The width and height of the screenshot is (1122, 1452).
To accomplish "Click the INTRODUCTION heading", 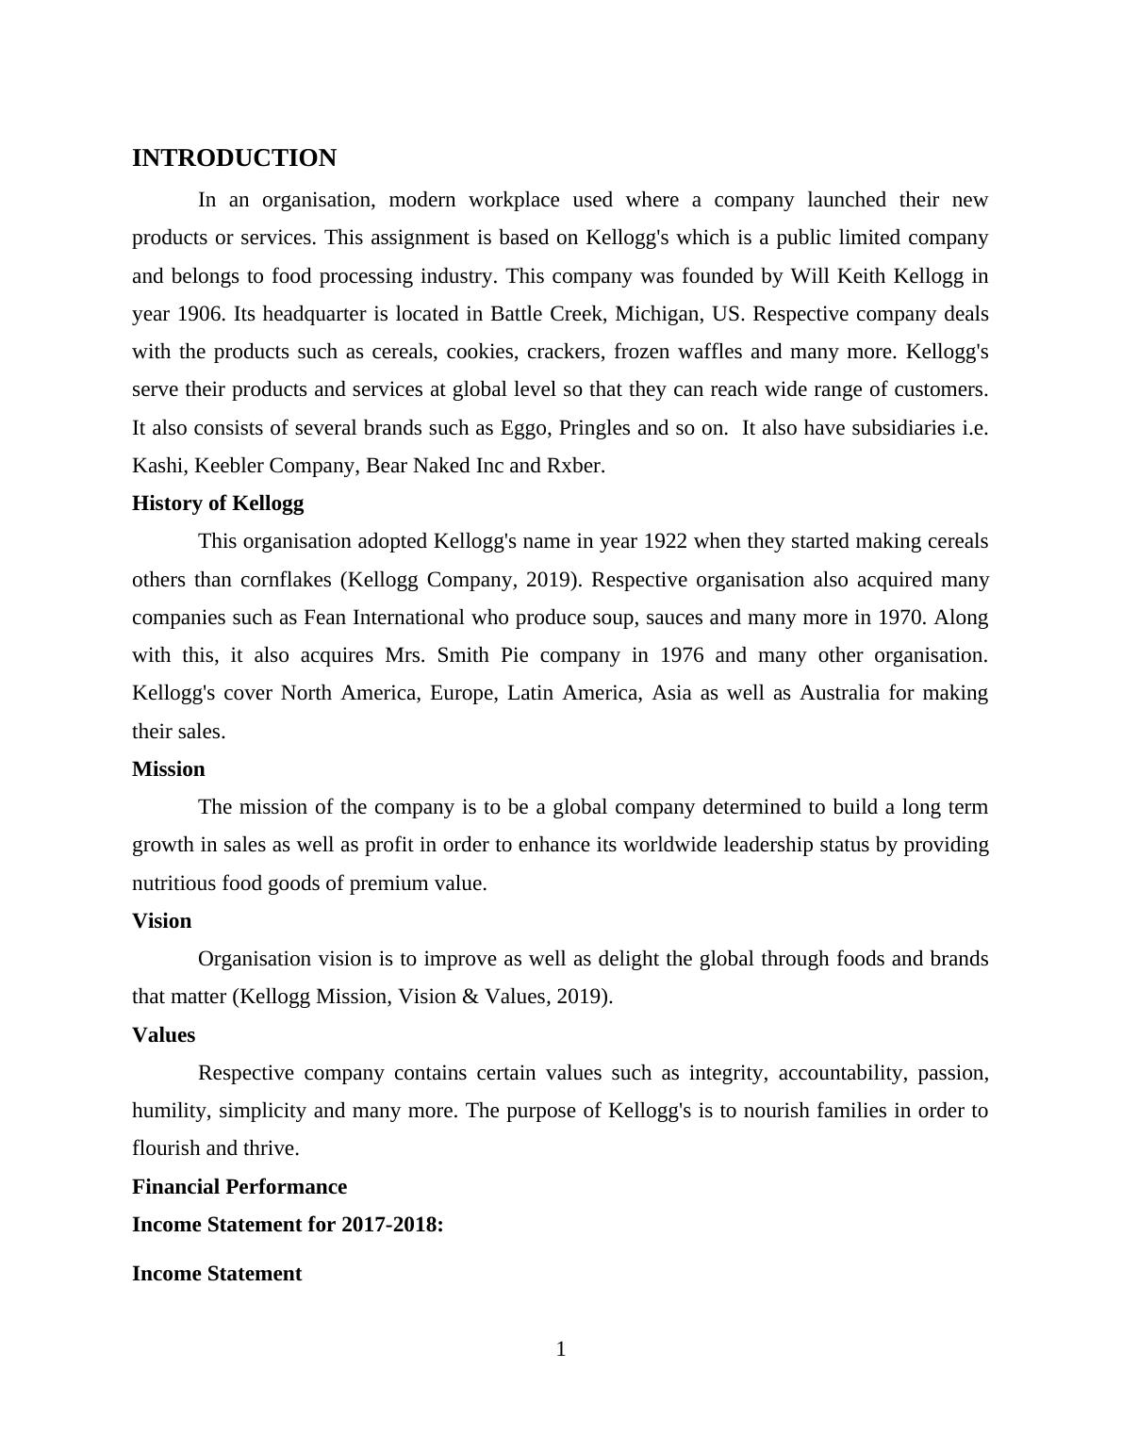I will point(234,158).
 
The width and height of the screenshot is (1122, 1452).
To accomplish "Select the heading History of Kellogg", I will point(218,503).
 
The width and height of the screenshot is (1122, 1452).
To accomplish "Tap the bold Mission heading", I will point(168,769).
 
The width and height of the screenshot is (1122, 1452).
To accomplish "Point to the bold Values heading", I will point(163,1035).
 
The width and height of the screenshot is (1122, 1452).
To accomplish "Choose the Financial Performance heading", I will point(239,1187).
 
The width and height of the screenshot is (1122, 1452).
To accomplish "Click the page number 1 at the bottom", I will point(561,1350).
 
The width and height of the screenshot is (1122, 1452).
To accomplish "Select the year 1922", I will point(665,542).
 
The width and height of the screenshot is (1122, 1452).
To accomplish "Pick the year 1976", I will point(682,655).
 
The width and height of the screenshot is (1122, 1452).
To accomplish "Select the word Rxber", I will point(574,466).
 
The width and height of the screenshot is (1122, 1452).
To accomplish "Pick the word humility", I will point(172,1111).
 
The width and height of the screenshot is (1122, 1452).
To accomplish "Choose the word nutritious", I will point(174,883).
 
